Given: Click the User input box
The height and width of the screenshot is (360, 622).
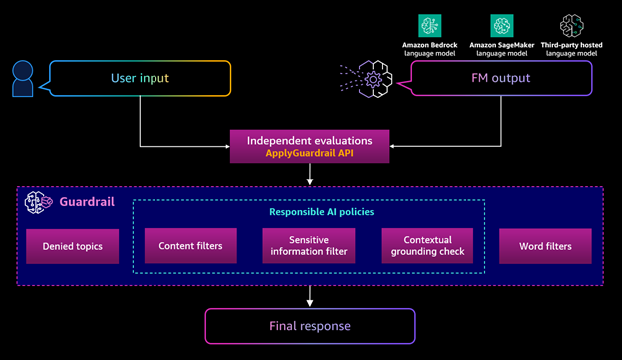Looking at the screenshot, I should click(139, 79).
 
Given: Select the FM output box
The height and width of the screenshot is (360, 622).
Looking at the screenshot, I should click(479, 79).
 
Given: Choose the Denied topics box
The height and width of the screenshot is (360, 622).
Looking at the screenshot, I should click(72, 245).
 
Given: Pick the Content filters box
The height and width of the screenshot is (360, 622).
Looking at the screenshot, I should click(190, 245).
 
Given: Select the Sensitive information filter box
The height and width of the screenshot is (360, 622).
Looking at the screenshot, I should click(309, 245).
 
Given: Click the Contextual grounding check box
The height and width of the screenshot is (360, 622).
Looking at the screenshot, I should click(428, 245).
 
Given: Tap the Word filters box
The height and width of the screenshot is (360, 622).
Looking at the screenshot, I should click(546, 245).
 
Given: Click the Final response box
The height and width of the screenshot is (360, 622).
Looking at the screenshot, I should click(310, 326).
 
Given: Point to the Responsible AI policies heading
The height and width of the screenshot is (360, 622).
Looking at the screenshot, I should click(309, 211).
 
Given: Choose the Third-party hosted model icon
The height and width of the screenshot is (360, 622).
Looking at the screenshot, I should click(570, 25).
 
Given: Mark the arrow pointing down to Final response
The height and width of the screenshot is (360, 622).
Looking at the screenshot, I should click(310, 296).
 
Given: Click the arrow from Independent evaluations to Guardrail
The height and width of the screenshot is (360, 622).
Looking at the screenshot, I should click(310, 175).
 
